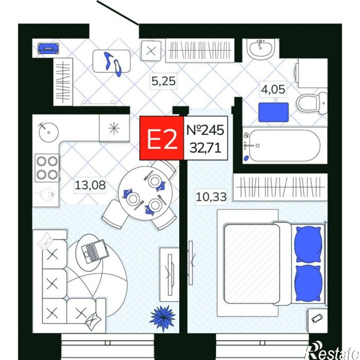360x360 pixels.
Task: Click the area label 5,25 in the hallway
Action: [163, 81]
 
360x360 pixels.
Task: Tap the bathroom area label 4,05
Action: [273, 89]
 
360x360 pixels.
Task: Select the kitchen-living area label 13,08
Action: [90, 185]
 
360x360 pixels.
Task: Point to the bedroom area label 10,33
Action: [211, 197]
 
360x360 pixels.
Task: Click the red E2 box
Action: [162, 138]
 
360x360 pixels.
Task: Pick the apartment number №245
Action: [205, 130]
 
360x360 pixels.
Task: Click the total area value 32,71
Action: [206, 147]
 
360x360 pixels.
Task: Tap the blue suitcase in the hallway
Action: [49, 49]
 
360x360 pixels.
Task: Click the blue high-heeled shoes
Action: [113, 64]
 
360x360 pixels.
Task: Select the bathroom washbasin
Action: [260, 49]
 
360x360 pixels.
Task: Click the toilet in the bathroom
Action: [312, 103]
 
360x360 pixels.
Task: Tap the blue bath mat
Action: [273, 112]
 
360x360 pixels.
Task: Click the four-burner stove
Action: [47, 168]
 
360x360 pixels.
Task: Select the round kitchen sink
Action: [49, 132]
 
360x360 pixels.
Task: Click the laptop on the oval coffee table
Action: [94, 251]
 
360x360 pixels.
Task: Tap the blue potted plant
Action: [163, 317]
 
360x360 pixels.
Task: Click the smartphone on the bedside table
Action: [317, 318]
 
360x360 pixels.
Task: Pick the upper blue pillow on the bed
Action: [308, 244]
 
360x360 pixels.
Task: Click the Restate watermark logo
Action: [332, 352]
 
